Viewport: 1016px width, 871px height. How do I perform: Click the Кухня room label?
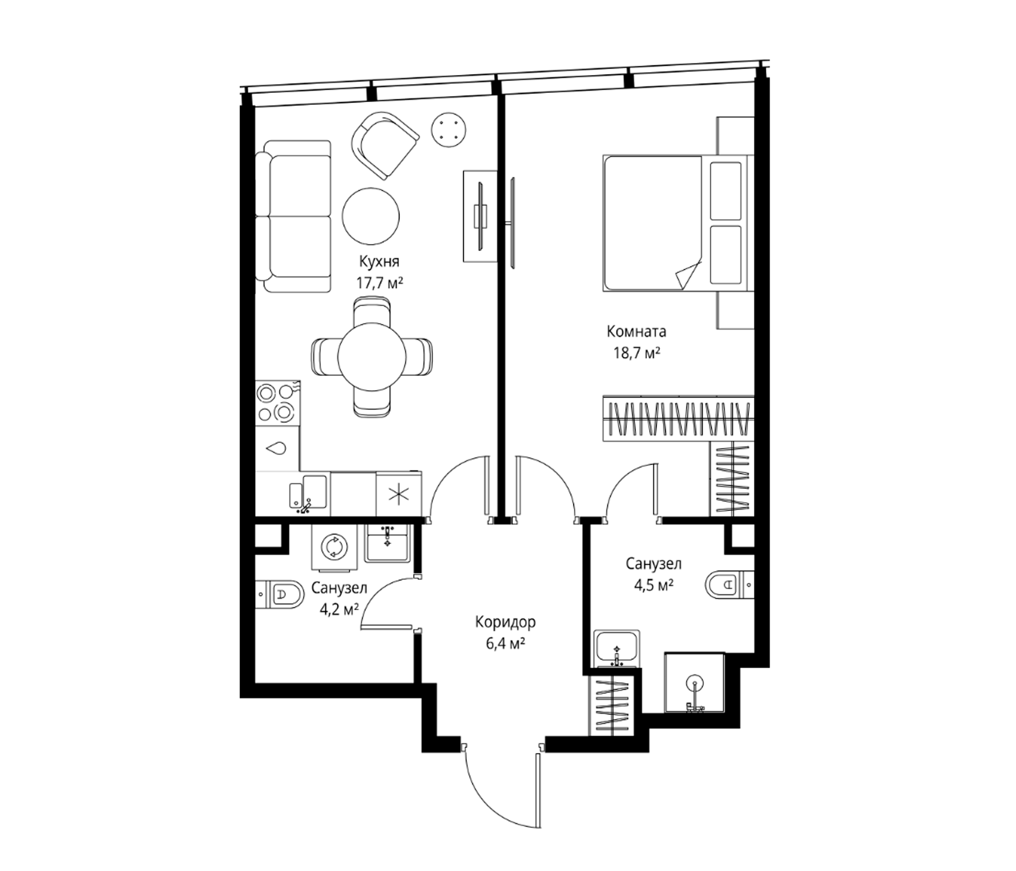379,261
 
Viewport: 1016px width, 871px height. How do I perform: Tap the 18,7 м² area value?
637,353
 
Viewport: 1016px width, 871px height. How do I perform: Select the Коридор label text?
505,622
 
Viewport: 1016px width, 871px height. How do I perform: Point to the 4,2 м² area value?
339,609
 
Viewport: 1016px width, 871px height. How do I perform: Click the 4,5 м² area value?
653,585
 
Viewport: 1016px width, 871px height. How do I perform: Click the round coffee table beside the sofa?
371,216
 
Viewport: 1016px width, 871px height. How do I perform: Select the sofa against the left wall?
293,216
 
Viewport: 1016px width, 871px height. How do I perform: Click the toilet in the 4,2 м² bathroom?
280,594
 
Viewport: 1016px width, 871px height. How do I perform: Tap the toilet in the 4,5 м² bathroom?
730,585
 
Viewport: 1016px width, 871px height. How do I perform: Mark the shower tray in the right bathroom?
694,682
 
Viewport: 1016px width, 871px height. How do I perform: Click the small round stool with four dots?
448,130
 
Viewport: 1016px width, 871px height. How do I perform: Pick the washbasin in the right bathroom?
617,649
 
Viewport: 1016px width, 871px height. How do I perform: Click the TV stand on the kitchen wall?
480,216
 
